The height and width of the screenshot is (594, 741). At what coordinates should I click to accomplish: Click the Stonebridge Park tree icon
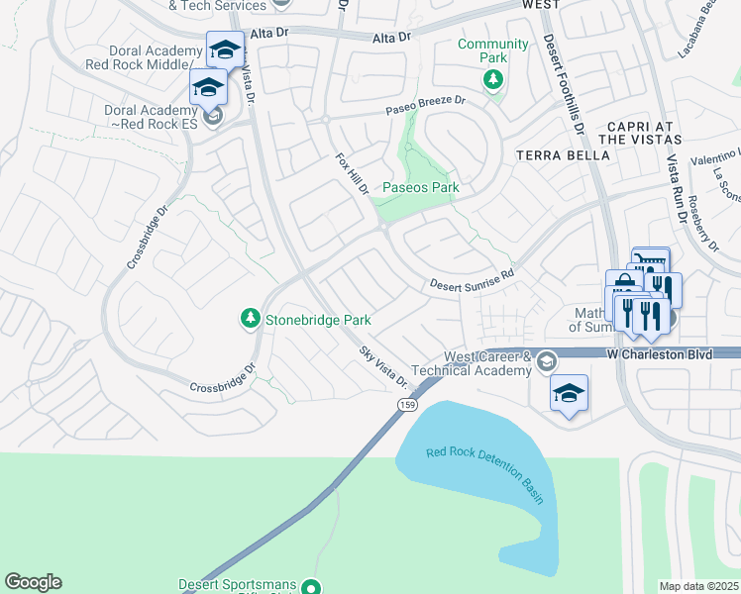(x=250, y=319)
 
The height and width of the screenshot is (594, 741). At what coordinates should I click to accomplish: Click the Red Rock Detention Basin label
(x=485, y=474)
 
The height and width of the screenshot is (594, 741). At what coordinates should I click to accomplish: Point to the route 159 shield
(x=407, y=405)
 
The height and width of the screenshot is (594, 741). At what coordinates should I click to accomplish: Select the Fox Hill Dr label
(x=351, y=174)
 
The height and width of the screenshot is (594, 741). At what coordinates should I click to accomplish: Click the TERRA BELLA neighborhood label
(x=553, y=155)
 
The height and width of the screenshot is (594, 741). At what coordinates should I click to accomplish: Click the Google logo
(x=33, y=582)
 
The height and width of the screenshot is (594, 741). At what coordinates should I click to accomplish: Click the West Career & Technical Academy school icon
(x=546, y=362)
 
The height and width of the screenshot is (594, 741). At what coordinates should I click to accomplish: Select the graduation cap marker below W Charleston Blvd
(x=569, y=394)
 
